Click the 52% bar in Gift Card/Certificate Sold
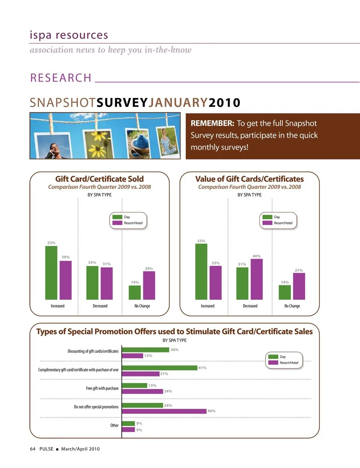[x=51, y=273]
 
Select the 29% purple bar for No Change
[x=149, y=285]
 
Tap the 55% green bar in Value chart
[x=201, y=272]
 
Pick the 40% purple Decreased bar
[x=256, y=279]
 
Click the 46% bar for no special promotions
[x=164, y=411]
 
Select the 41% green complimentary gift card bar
[x=160, y=368]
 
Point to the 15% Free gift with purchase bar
[x=135, y=385]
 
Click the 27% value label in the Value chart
[x=299, y=270]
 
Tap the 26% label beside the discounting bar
[x=174, y=350]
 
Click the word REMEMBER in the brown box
[x=212, y=123]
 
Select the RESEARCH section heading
[x=61, y=78]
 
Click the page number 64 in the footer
[x=33, y=449]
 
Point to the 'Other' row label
[x=114, y=425]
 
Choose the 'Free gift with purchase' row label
[x=102, y=388]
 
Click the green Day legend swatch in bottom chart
[x=273, y=357]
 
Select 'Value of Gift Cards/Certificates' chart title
[x=249, y=179]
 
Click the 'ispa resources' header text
[x=69, y=35]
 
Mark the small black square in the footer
[x=57, y=449]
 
